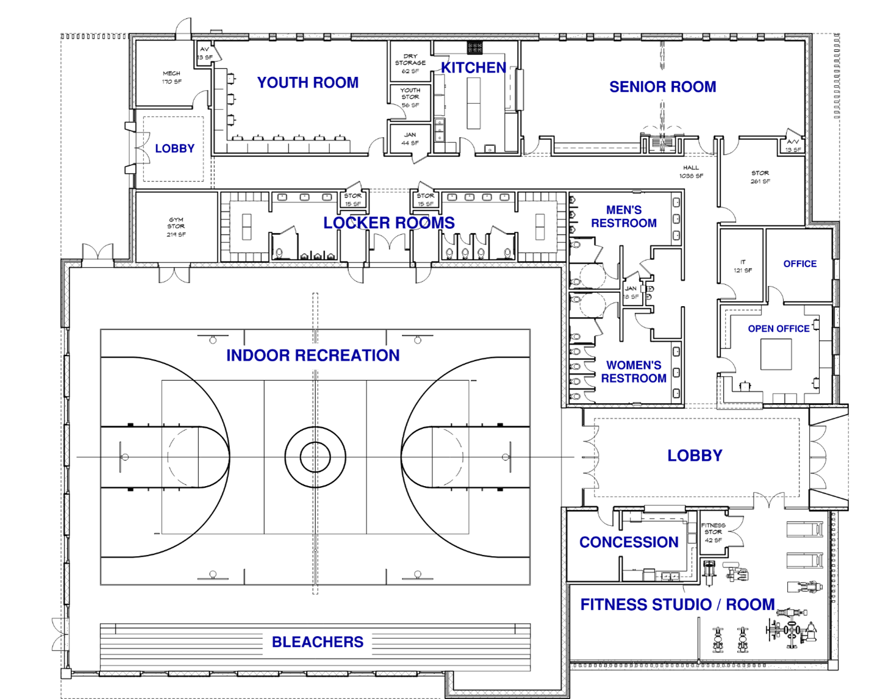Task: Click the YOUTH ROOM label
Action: tap(307, 82)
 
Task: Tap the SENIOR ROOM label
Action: tap(662, 87)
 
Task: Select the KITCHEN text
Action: tap(473, 68)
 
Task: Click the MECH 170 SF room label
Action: tap(171, 77)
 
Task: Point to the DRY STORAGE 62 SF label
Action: tap(410, 63)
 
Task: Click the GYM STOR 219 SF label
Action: tap(176, 226)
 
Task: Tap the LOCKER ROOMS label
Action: tap(388, 223)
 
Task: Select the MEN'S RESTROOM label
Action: tap(623, 217)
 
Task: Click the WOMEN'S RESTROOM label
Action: tap(633, 371)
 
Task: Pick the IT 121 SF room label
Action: tap(742, 266)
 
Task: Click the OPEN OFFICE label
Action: tap(778, 329)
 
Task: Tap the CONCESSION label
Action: tap(628, 542)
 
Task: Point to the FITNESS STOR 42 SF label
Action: tap(713, 532)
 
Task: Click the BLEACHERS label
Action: tap(317, 642)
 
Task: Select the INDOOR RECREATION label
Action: tap(313, 356)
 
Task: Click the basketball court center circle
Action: tap(315, 457)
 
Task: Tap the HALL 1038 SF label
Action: tap(691, 171)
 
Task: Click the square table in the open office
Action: tap(776, 354)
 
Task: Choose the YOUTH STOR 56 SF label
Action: tap(410, 98)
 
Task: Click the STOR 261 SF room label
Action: tap(760, 177)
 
